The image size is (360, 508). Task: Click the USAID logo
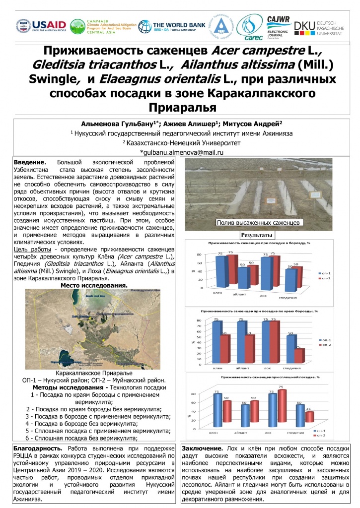[x=41, y=26]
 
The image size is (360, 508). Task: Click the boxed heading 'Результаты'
[x=257, y=234]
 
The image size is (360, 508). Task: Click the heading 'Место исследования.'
[x=94, y=286]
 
